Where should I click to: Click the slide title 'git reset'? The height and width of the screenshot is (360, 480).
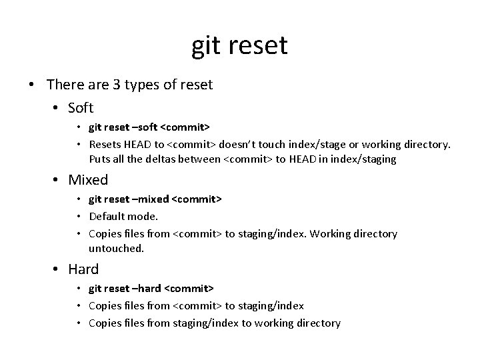[239, 45]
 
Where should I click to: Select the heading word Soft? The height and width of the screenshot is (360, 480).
[81, 107]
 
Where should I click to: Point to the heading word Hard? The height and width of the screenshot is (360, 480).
[83, 269]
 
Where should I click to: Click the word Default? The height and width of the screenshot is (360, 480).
[107, 216]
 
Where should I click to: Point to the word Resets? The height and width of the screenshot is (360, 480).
[105, 144]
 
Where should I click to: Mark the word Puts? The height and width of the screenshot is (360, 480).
[100, 159]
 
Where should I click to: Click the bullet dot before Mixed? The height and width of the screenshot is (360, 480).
[57, 180]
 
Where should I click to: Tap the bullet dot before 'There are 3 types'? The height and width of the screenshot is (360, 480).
[32, 85]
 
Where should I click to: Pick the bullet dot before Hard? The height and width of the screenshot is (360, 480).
[57, 270]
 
